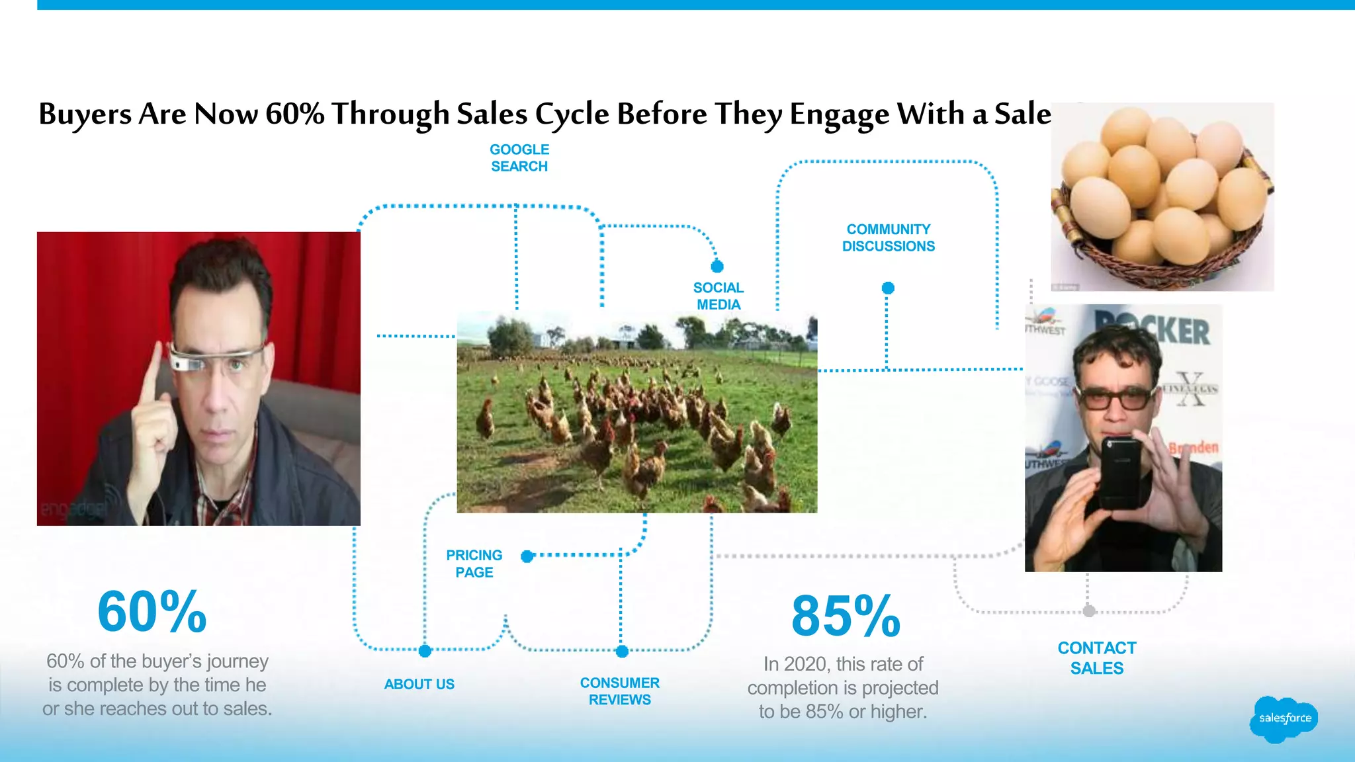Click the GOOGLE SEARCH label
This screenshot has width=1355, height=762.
[519, 158]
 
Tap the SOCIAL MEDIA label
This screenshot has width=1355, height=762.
[719, 296]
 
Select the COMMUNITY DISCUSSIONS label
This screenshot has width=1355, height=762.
[889, 237]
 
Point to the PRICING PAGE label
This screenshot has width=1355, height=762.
[474, 564]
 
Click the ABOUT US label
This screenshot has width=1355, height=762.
[419, 684]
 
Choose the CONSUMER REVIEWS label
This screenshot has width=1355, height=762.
[620, 691]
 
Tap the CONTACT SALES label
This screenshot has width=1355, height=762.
[1097, 658]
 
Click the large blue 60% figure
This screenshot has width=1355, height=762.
[152, 612]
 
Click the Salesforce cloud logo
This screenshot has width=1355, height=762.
[1284, 719]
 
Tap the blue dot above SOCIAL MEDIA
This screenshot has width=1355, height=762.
[717, 267]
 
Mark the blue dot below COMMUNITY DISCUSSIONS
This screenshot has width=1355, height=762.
[888, 288]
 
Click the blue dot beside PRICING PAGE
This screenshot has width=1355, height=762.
[527, 556]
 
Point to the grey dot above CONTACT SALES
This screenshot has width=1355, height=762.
[1089, 611]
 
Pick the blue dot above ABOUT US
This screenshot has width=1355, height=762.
[425, 651]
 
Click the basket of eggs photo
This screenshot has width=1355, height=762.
[1162, 196]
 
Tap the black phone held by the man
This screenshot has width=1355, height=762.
[1120, 472]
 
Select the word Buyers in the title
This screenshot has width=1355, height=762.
[85, 114]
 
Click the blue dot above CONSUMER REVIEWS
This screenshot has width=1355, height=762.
[622, 652]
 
